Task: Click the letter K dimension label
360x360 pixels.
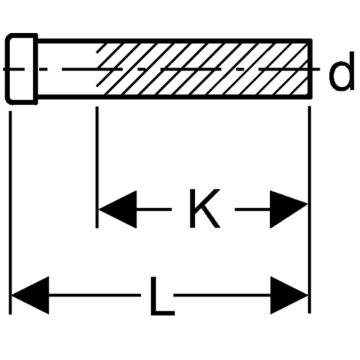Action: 204,208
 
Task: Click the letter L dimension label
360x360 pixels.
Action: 162,296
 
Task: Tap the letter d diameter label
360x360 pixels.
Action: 341,71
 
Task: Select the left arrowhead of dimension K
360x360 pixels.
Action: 117,210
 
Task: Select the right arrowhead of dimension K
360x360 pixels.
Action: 289,210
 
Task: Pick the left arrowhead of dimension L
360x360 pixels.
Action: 30,295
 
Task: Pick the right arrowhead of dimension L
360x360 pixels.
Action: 289,295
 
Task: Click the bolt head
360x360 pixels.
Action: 22,69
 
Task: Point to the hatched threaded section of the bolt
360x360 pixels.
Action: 203,69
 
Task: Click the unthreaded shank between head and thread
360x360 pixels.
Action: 67,69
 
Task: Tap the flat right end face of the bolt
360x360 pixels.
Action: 310,69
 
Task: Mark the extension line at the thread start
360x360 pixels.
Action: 96,167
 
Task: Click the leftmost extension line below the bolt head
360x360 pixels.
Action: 10,212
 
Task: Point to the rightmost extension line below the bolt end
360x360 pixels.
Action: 310,210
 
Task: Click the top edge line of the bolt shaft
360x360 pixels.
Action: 175,41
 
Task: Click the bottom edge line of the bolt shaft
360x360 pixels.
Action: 175,97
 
